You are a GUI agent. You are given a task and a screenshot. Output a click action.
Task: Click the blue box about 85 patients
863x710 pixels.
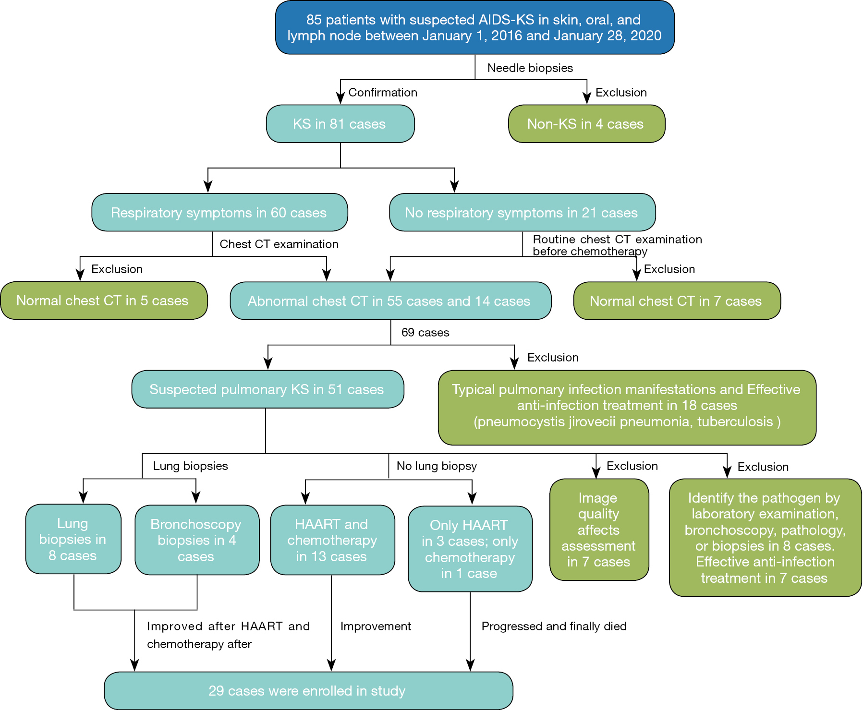(x=474, y=27)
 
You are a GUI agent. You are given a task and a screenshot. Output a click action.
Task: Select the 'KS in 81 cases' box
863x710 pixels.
(x=340, y=124)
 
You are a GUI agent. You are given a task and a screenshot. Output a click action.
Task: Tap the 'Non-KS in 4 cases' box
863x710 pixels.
(x=586, y=124)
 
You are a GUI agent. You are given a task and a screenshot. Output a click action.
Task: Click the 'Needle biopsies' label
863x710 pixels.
(x=530, y=68)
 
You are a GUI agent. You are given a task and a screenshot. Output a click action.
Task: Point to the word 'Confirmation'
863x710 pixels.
(x=382, y=93)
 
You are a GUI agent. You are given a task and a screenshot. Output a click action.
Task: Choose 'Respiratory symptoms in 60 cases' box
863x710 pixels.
(x=219, y=213)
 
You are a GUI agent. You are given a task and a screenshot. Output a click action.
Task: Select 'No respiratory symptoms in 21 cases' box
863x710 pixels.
(x=522, y=213)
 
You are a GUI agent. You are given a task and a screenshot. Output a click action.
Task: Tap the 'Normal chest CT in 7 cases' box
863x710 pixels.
(x=676, y=301)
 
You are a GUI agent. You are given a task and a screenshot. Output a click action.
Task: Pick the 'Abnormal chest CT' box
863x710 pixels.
(x=390, y=301)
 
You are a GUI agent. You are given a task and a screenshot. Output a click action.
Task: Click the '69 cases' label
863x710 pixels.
(x=425, y=333)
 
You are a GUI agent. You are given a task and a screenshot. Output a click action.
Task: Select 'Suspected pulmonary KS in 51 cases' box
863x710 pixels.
(x=267, y=389)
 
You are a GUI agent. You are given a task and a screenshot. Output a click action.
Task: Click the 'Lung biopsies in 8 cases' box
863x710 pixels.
(x=73, y=539)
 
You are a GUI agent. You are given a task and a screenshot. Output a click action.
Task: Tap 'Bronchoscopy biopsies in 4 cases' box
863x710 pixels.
(x=196, y=540)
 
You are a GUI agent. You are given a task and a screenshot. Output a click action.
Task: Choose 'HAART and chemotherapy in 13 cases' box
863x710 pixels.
(x=332, y=540)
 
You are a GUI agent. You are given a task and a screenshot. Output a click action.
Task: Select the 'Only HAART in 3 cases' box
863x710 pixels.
(x=470, y=549)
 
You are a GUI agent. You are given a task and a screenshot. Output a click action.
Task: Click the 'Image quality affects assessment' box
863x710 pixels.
(x=599, y=530)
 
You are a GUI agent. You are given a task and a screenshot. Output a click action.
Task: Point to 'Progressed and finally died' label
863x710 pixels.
(x=554, y=626)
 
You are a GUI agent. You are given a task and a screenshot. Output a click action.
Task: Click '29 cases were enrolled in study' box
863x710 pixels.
(x=308, y=691)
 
